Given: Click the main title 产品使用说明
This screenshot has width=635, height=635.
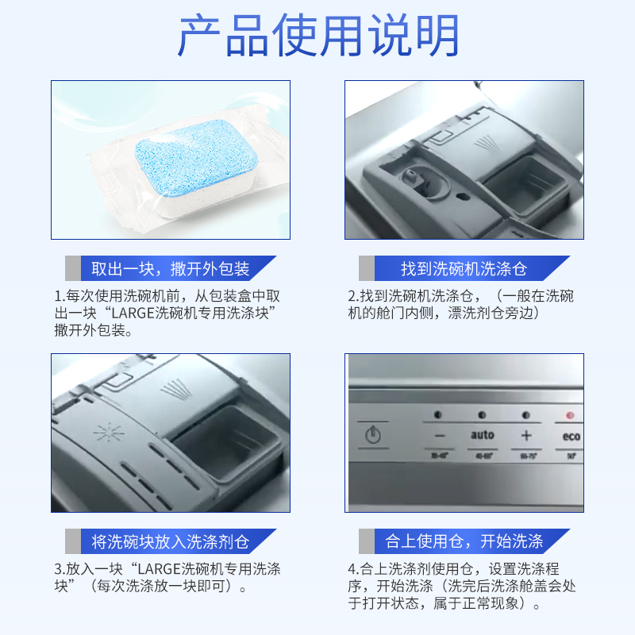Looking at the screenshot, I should click(317, 36).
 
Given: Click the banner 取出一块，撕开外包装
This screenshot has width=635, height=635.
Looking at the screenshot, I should click(170, 268).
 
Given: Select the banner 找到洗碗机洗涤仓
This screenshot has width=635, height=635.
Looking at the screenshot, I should click(464, 268).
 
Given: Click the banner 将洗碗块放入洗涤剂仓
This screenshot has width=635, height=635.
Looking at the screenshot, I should click(170, 542).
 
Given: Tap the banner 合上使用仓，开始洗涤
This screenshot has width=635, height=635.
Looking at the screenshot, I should click(464, 542).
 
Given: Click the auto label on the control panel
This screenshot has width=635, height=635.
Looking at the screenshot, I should click(482, 435).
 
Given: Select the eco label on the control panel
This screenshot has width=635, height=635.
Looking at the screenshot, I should click(571, 436).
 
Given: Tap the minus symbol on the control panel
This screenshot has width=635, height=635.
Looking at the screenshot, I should click(439, 436).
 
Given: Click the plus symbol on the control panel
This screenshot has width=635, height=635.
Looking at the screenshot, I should click(525, 435).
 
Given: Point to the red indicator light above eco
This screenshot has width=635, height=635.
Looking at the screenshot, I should click(568, 415).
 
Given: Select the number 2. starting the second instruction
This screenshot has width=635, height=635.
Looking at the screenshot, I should click(352, 296).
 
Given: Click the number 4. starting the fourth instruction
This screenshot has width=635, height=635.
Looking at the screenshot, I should click(352, 569).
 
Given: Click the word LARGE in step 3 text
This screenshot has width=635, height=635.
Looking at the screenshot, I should click(160, 569).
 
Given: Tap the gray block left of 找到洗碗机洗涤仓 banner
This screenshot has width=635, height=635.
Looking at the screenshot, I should click(366, 268).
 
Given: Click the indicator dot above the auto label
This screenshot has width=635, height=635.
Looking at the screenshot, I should click(481, 415).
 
